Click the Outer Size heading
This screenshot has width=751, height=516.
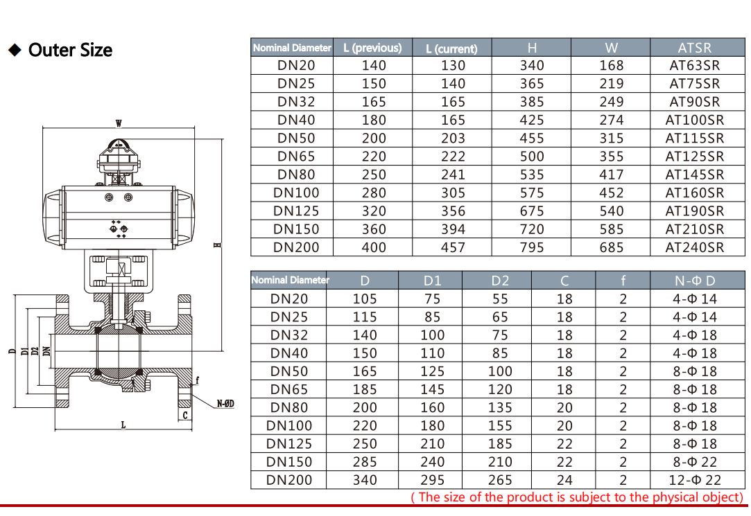(70, 50)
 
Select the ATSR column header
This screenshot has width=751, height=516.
(694, 48)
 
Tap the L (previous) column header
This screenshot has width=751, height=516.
(372, 48)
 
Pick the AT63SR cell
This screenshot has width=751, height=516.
(694, 66)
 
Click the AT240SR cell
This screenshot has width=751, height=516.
(694, 247)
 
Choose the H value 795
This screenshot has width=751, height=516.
(532, 247)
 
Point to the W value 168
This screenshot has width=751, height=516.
(611, 66)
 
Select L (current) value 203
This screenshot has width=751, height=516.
(453, 139)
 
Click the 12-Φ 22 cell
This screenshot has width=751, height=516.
(695, 480)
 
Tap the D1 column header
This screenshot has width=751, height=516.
(432, 281)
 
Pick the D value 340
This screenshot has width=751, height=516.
(365, 480)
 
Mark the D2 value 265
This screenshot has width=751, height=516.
(500, 480)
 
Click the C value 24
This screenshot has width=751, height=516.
(564, 480)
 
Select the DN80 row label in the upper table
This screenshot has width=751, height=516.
(296, 175)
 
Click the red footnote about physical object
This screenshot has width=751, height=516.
(577, 497)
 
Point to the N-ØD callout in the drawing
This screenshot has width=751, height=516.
(225, 403)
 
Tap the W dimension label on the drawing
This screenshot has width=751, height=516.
(119, 123)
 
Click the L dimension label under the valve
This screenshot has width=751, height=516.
(123, 425)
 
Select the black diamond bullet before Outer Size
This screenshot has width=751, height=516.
(14, 50)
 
